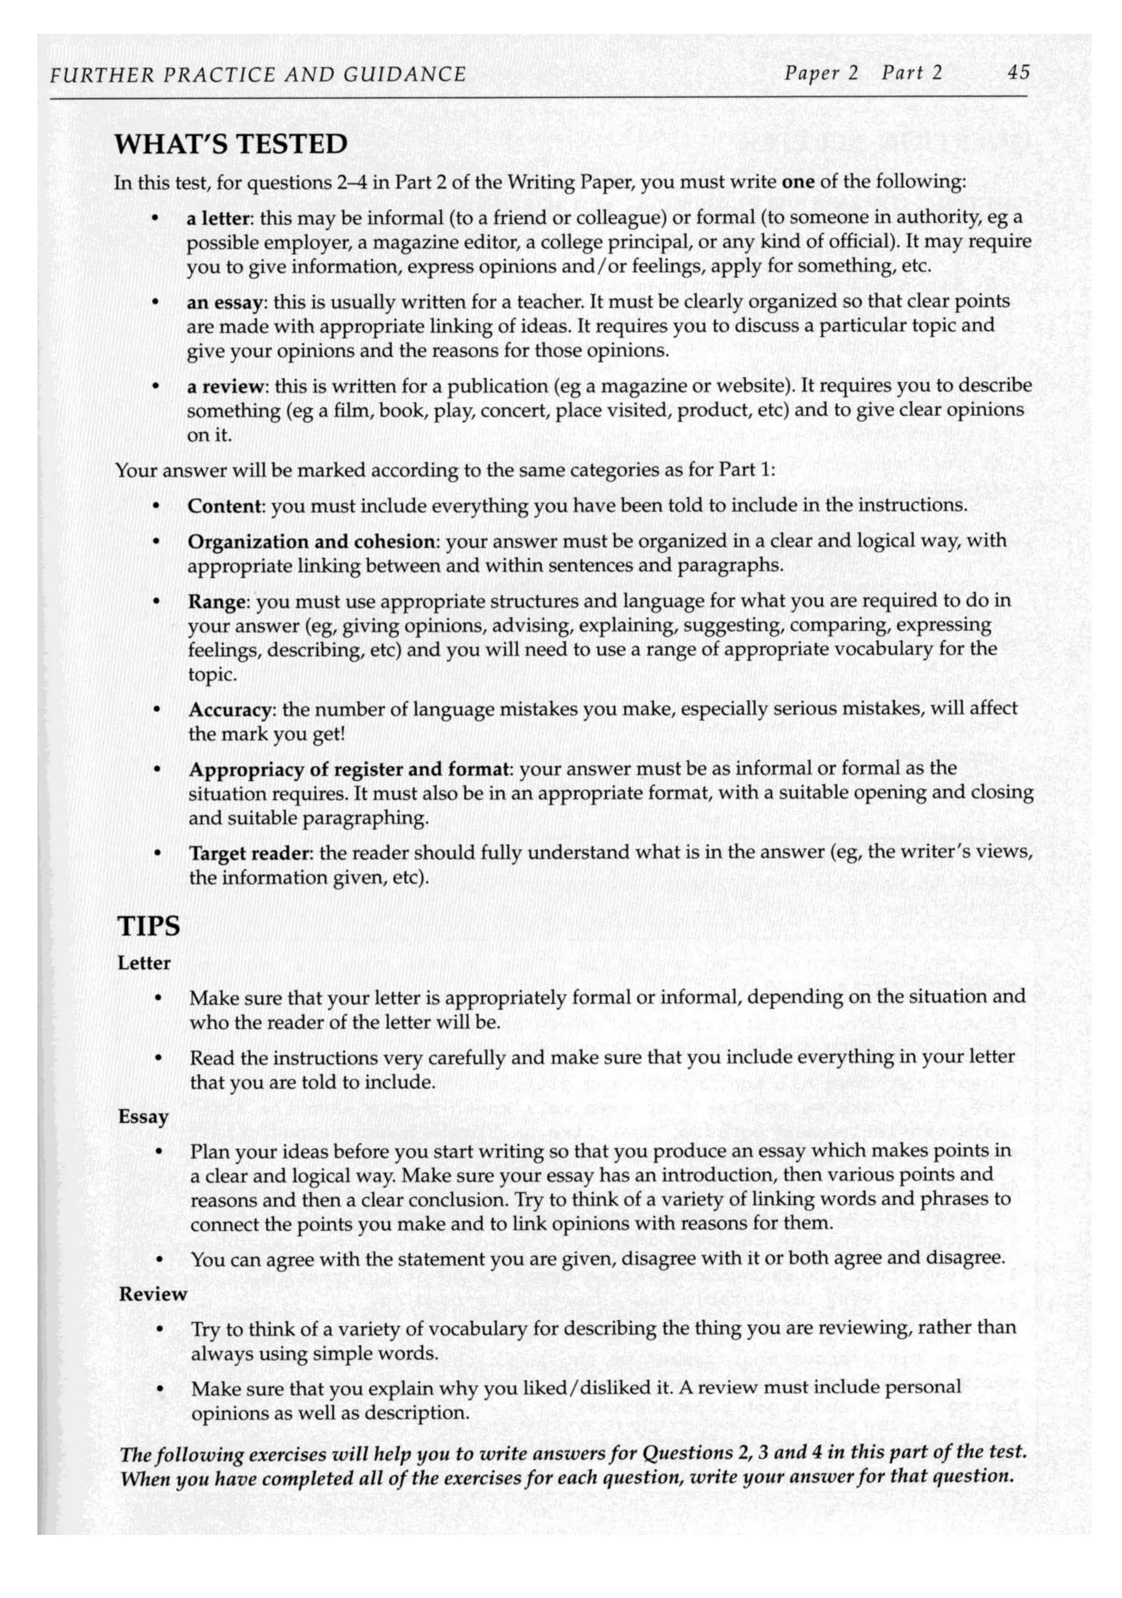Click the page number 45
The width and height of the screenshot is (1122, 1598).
[x=1017, y=73]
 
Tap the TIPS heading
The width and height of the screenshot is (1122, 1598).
[x=148, y=926]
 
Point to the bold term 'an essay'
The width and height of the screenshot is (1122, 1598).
[x=225, y=302]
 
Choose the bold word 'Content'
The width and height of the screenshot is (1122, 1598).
[x=224, y=505]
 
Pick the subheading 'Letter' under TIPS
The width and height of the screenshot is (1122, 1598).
[x=144, y=963]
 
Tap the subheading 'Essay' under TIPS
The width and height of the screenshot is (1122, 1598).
[x=144, y=1117]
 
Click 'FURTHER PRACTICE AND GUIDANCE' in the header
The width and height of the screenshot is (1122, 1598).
[x=258, y=74]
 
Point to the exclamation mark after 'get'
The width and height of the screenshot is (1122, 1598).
[x=342, y=734]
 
